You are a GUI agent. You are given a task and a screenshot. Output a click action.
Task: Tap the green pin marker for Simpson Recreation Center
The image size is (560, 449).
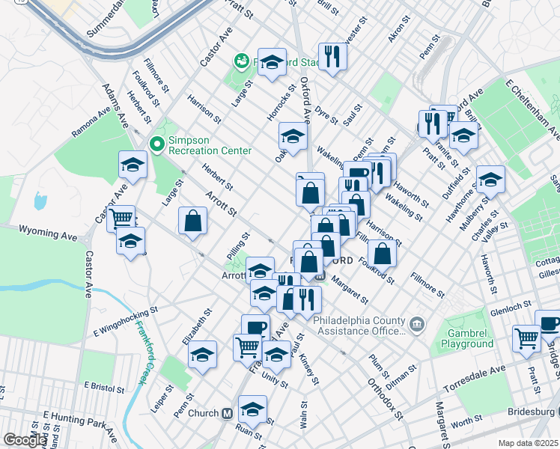[157, 143]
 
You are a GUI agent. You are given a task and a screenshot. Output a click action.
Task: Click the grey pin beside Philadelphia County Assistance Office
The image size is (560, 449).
[418, 324]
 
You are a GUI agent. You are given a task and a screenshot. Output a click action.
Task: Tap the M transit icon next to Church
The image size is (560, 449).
[225, 413]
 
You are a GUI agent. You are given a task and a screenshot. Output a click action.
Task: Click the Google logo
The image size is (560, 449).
[25, 440]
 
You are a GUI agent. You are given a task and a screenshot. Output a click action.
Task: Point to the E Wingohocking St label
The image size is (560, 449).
[126, 319]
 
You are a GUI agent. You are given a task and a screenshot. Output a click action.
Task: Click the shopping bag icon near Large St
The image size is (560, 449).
[192, 222]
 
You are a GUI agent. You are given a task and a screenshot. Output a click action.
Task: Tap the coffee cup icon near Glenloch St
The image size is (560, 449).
[548, 323]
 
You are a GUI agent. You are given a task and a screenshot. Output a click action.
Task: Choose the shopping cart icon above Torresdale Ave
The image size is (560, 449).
[526, 337]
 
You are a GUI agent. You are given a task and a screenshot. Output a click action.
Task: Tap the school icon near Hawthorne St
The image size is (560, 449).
[490, 179]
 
